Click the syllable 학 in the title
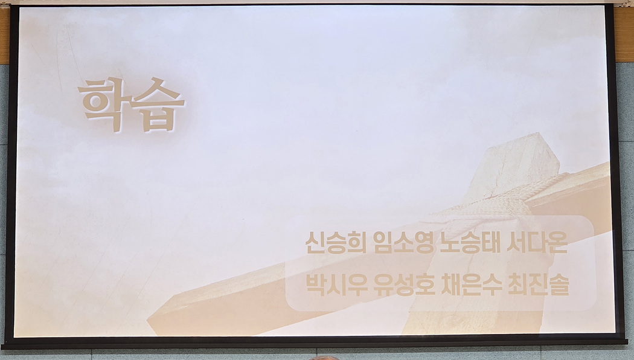[x=104, y=103]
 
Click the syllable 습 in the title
[x=158, y=104]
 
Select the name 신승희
[x=336, y=243]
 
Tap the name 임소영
[x=403, y=243]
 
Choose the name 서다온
[x=537, y=243]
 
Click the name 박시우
[x=336, y=284]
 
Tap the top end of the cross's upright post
[x=522, y=140]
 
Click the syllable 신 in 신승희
[x=315, y=243]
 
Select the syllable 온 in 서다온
[x=557, y=243]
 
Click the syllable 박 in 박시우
[x=315, y=284]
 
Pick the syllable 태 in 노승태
[x=490, y=243]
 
